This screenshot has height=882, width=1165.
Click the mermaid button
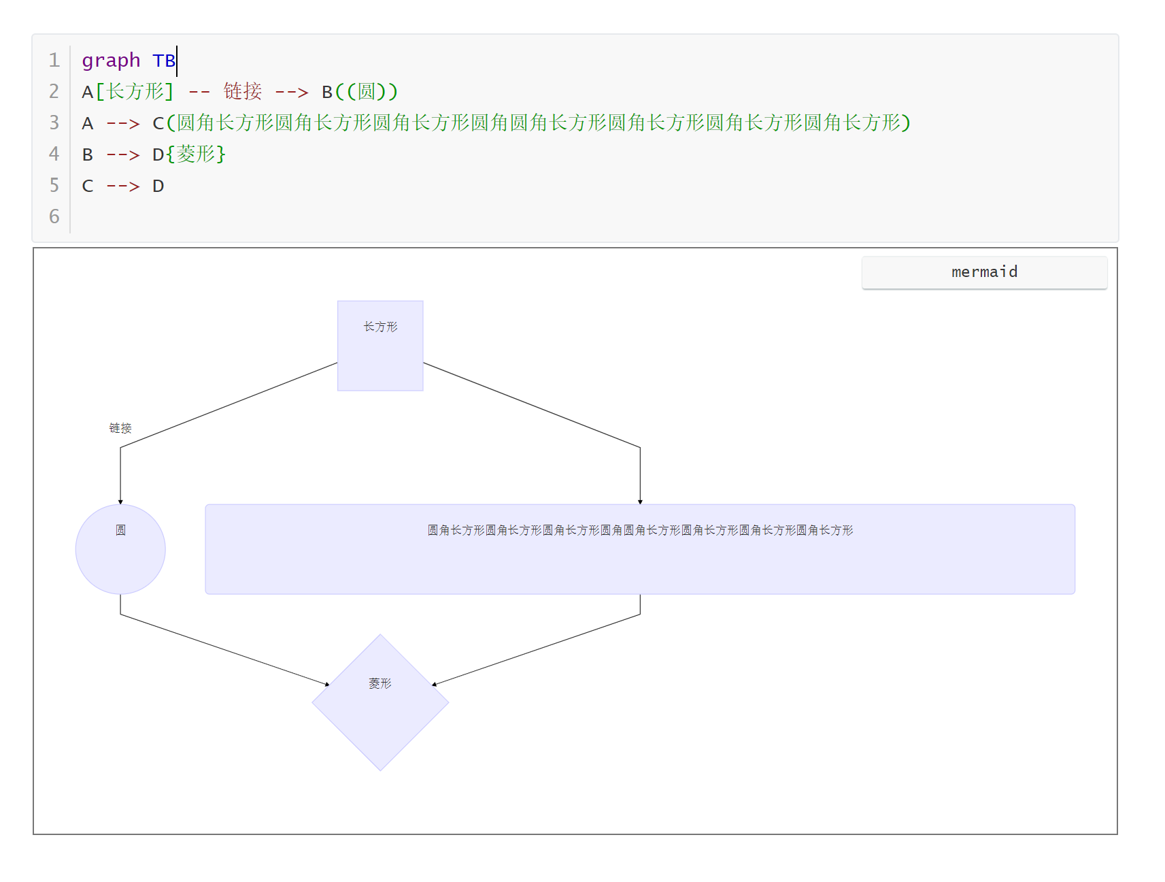[983, 272]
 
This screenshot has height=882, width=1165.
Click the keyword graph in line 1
[111, 61]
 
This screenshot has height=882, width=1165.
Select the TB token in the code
[164, 61]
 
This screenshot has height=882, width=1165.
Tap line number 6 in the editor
[54, 216]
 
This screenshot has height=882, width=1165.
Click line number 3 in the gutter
[54, 122]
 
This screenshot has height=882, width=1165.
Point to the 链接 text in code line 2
[243, 91]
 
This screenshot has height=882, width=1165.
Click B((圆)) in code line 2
[360, 91]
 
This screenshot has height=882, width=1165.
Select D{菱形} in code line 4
[188, 154]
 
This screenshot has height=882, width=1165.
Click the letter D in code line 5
[158, 186]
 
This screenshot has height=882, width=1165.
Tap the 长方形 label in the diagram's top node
[380, 327]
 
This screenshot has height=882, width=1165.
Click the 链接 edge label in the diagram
[120, 428]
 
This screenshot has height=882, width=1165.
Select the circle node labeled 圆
[120, 549]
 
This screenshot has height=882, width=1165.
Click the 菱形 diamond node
[380, 702]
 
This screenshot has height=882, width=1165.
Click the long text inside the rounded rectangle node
[640, 530]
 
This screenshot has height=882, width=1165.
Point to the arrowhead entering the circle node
[120, 502]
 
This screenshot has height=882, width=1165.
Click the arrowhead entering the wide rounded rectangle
[640, 502]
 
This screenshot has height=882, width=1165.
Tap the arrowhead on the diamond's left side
[327, 684]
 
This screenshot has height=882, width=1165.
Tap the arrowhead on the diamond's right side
[434, 684]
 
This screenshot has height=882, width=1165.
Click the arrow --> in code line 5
[123, 186]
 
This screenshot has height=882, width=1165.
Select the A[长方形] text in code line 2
[128, 91]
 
